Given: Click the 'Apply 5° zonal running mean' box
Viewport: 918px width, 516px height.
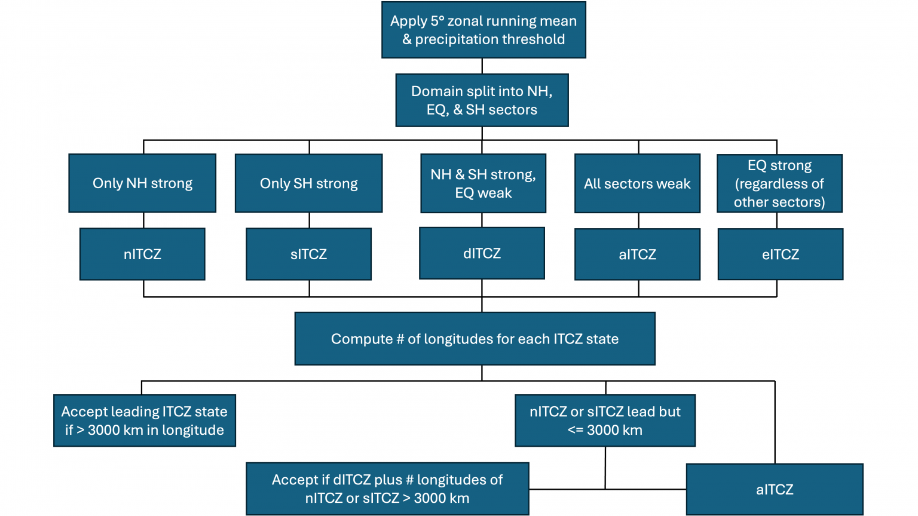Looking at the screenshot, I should [x=484, y=30].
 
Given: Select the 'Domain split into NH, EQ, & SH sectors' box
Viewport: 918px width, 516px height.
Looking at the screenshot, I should [x=482, y=100].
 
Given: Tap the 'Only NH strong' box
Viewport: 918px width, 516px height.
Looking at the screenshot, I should [x=142, y=183].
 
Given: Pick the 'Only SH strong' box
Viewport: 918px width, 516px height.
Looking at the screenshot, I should [x=308, y=183].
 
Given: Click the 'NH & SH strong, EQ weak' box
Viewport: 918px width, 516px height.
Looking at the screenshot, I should [x=483, y=183].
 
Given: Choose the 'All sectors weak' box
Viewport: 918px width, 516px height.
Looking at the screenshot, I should [x=637, y=183].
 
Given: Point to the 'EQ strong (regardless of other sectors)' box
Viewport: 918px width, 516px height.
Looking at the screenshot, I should [x=779, y=183].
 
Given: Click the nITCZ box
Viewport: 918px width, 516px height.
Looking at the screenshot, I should [x=142, y=254].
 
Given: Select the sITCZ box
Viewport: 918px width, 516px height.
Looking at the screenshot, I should [x=308, y=254].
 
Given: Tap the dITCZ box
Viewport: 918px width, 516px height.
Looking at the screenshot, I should [x=482, y=253].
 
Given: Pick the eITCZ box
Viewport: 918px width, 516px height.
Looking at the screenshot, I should [x=780, y=254].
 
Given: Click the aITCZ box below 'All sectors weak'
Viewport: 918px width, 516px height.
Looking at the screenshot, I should [x=637, y=254].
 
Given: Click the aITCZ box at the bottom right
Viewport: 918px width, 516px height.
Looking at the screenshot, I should [x=775, y=489].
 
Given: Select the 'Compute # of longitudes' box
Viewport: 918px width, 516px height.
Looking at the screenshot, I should [x=475, y=339].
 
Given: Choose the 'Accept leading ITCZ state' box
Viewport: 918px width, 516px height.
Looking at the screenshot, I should [x=145, y=420].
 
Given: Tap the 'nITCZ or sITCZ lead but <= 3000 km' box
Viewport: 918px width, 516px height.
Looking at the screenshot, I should [x=605, y=420].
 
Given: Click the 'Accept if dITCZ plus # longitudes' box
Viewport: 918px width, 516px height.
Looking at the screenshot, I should [x=387, y=489].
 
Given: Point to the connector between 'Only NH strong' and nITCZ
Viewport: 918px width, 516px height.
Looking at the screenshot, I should [x=143, y=220].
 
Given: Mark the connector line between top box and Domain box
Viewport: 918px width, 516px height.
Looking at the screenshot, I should [x=482, y=66].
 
